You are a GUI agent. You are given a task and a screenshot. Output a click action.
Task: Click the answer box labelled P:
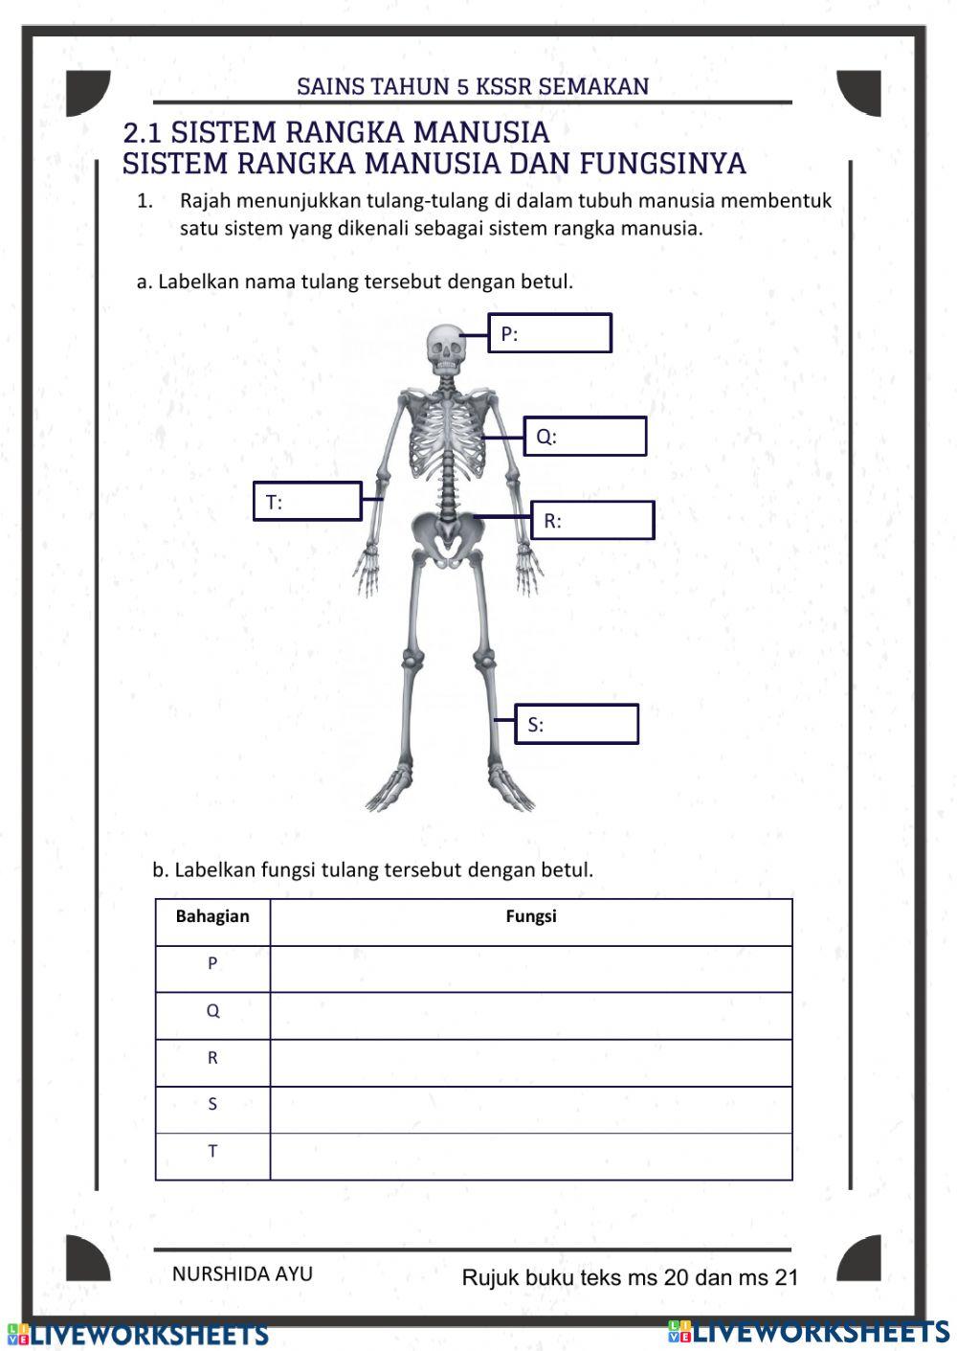(549, 333)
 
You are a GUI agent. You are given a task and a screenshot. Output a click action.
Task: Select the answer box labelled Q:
(584, 437)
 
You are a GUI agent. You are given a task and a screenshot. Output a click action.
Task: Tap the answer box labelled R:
(592, 521)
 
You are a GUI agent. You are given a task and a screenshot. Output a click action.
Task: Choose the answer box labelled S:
(576, 725)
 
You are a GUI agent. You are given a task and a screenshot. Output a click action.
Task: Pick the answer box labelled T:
(307, 502)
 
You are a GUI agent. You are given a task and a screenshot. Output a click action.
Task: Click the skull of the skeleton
(445, 349)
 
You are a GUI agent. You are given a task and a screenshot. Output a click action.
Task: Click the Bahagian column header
(212, 917)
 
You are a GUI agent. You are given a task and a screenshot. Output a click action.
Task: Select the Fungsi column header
(531, 917)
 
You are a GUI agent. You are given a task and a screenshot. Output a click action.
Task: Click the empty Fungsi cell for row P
(531, 969)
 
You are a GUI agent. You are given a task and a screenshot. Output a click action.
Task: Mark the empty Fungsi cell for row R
(531, 1063)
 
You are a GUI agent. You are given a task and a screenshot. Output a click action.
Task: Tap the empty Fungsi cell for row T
(531, 1157)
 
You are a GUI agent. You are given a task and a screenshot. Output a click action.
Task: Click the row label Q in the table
(212, 1011)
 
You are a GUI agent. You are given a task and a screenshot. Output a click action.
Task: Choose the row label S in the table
(212, 1105)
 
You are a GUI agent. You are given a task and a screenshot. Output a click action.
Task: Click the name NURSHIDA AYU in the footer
(242, 1274)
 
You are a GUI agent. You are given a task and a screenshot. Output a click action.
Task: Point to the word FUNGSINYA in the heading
(662, 164)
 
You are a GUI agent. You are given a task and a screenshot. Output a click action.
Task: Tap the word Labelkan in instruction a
(198, 281)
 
